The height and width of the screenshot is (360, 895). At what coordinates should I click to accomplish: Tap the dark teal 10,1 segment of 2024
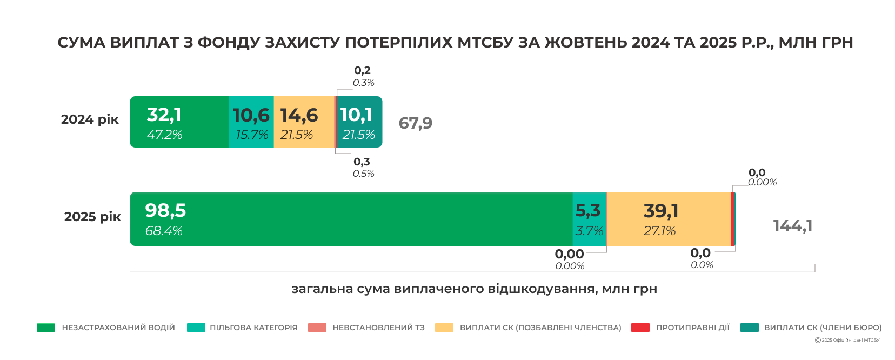coord(359,122)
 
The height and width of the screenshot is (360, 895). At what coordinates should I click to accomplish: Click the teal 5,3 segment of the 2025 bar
coord(589,219)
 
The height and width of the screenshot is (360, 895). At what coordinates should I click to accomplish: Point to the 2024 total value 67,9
coord(415,123)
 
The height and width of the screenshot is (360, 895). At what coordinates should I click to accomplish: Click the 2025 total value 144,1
coord(792,226)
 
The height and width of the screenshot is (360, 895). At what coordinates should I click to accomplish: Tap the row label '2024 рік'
coord(90,119)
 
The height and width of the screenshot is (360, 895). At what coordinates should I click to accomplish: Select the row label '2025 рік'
coord(92,217)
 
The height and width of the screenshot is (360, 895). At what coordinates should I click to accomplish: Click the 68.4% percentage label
coord(164,231)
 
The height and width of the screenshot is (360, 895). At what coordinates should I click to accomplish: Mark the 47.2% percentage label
coord(164,135)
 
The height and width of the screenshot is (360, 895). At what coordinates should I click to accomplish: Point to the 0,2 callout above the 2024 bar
coord(362,71)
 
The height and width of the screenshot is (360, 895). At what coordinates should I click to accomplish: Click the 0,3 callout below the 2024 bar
coord(362,162)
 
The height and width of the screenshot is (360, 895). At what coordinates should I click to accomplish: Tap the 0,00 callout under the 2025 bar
coord(569,254)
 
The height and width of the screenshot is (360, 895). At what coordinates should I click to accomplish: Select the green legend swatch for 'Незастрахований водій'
coord(46,328)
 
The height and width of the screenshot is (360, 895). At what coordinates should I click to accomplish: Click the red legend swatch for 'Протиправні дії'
coord(640,328)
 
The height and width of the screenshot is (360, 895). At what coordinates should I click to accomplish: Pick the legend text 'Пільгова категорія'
coord(253,328)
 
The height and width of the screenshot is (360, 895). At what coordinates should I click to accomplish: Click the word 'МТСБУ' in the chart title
coord(485,42)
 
